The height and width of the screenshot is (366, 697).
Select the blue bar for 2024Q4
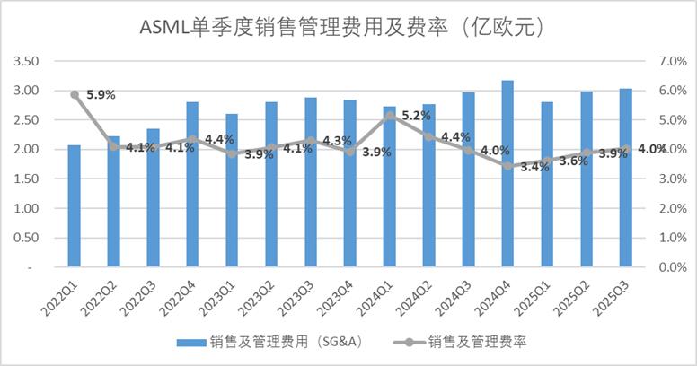[x=507, y=174]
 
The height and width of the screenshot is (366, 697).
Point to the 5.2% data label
[x=417, y=115]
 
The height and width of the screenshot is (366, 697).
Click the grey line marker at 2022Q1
[x=75, y=94]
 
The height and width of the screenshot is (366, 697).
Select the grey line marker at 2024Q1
[x=389, y=115]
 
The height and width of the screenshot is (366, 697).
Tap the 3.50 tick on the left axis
[x=28, y=61]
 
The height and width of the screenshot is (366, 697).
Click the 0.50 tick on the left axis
[x=28, y=238]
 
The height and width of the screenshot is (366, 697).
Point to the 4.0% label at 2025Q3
[x=652, y=149]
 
